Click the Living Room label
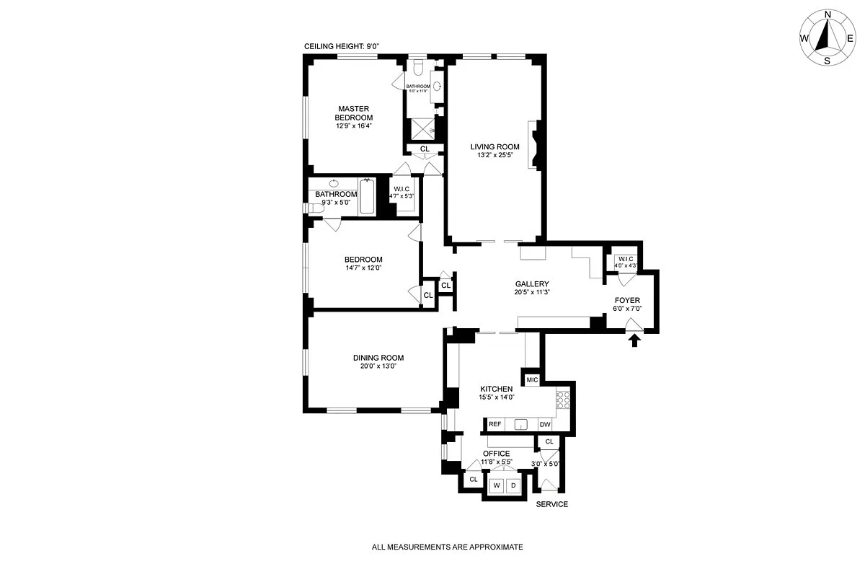(494, 147)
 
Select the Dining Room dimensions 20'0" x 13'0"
(378, 366)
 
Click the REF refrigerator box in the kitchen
(495, 425)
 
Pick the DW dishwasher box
(545, 425)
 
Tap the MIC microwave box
(532, 380)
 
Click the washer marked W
(497, 485)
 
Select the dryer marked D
(513, 485)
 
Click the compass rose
(827, 38)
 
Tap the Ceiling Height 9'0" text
(342, 47)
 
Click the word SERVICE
(551, 504)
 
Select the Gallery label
(532, 284)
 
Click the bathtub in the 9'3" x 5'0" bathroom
(367, 197)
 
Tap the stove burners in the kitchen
(563, 400)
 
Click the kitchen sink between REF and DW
(521, 425)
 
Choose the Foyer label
(627, 300)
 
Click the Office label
(496, 454)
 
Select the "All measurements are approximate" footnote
(447, 547)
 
